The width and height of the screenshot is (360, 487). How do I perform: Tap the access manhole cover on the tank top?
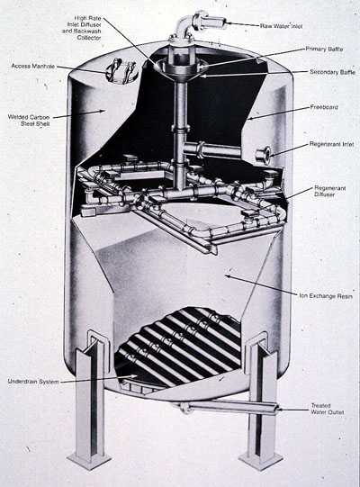tap(121, 69)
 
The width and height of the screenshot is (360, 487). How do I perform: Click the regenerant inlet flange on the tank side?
tap(264, 156)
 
